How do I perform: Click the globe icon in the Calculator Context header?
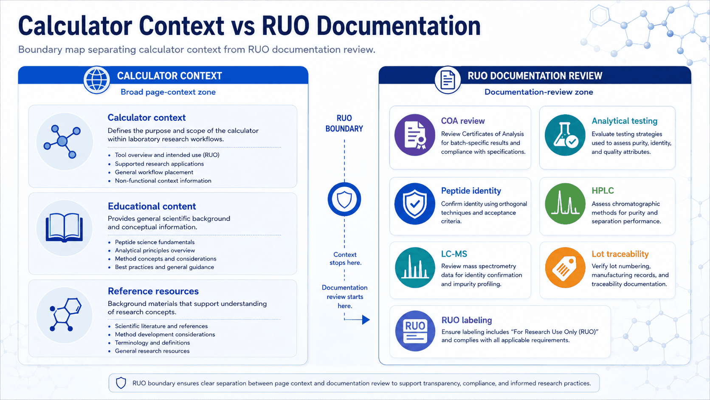[97, 80]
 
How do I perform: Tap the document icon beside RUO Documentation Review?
[448, 80]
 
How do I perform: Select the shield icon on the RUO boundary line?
[344, 199]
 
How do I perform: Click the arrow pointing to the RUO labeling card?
[357, 319]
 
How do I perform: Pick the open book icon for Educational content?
[65, 228]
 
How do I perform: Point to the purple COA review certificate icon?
[414, 135]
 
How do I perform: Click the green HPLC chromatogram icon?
[565, 204]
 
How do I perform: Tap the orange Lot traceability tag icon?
[565, 267]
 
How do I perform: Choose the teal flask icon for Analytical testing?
[565, 135]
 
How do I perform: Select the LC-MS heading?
[454, 254]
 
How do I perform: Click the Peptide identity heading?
[471, 190]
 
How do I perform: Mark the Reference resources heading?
[153, 291]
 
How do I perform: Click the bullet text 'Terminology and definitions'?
[152, 343]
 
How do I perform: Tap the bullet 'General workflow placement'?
[154, 172]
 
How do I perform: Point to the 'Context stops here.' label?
[345, 258]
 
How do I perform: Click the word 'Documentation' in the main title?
[398, 26]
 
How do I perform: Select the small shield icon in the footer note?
[121, 383]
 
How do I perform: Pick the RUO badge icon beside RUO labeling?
[414, 331]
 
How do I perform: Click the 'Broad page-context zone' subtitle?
[168, 92]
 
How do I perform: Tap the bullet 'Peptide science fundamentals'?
[155, 242]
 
